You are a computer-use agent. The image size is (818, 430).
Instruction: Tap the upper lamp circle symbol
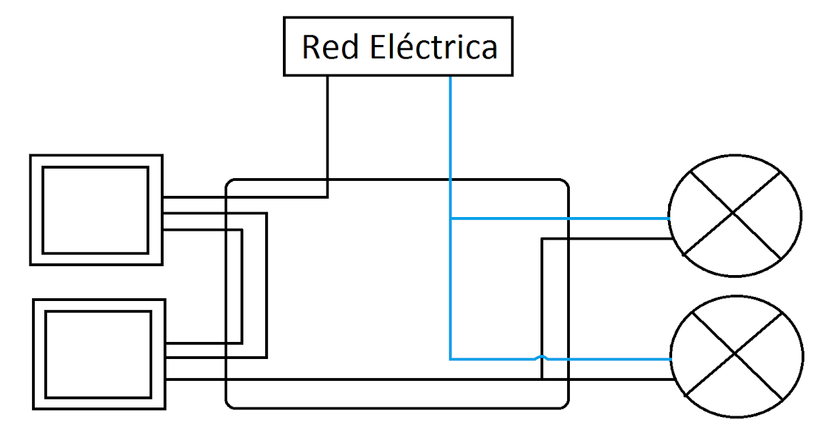[734, 213]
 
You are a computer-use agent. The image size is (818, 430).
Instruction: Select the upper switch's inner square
[95, 210]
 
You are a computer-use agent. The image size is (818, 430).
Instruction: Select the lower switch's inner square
[98, 354]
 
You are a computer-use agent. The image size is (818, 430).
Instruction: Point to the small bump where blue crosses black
[541, 357]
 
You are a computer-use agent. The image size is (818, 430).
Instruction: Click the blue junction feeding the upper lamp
[451, 218]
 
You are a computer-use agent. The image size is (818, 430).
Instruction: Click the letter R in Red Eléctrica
[311, 47]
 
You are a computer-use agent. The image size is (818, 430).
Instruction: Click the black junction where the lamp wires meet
[541, 379]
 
